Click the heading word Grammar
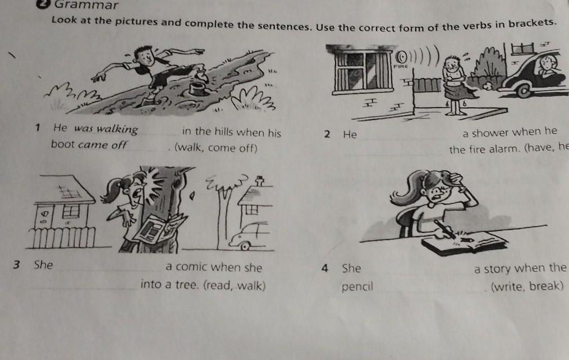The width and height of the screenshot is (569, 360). tap(86, 4)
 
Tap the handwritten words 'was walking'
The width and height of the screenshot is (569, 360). tap(106, 129)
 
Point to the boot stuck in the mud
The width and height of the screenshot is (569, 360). tap(198, 87)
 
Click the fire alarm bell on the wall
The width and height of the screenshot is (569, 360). tap(401, 57)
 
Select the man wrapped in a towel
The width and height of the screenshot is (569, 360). tap(455, 85)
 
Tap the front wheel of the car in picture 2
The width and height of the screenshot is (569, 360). tap(523, 90)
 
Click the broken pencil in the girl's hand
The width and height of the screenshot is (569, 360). tap(445, 229)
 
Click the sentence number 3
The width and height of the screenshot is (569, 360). tap(16, 265)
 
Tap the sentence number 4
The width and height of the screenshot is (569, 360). tap(325, 268)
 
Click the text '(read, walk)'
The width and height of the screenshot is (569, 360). tap(235, 285)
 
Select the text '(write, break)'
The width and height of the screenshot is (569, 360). tap(527, 287)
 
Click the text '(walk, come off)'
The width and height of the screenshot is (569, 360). tap(216, 148)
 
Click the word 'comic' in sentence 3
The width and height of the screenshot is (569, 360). tap(192, 267)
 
